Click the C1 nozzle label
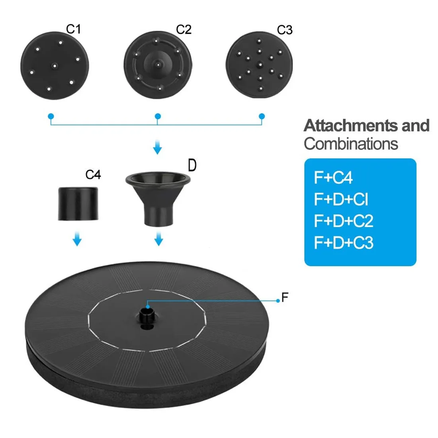tap(73, 29)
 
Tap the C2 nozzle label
tap(184, 29)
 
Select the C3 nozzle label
tap(285, 30)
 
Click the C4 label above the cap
tap(93, 174)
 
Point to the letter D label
tap(192, 165)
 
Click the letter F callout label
tap(285, 297)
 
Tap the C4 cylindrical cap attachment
tap(78, 203)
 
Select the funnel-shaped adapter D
tap(158, 195)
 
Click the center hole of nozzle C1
tap(54, 65)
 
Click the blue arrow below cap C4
tap(77, 239)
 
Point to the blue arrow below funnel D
tap(158, 239)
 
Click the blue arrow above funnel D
tap(158, 148)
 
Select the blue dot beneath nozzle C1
tap(51, 117)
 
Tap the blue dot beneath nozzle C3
tap(262, 117)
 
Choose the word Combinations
tap(351, 144)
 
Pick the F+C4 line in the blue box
tap(333, 178)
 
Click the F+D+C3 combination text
tap(344, 242)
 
